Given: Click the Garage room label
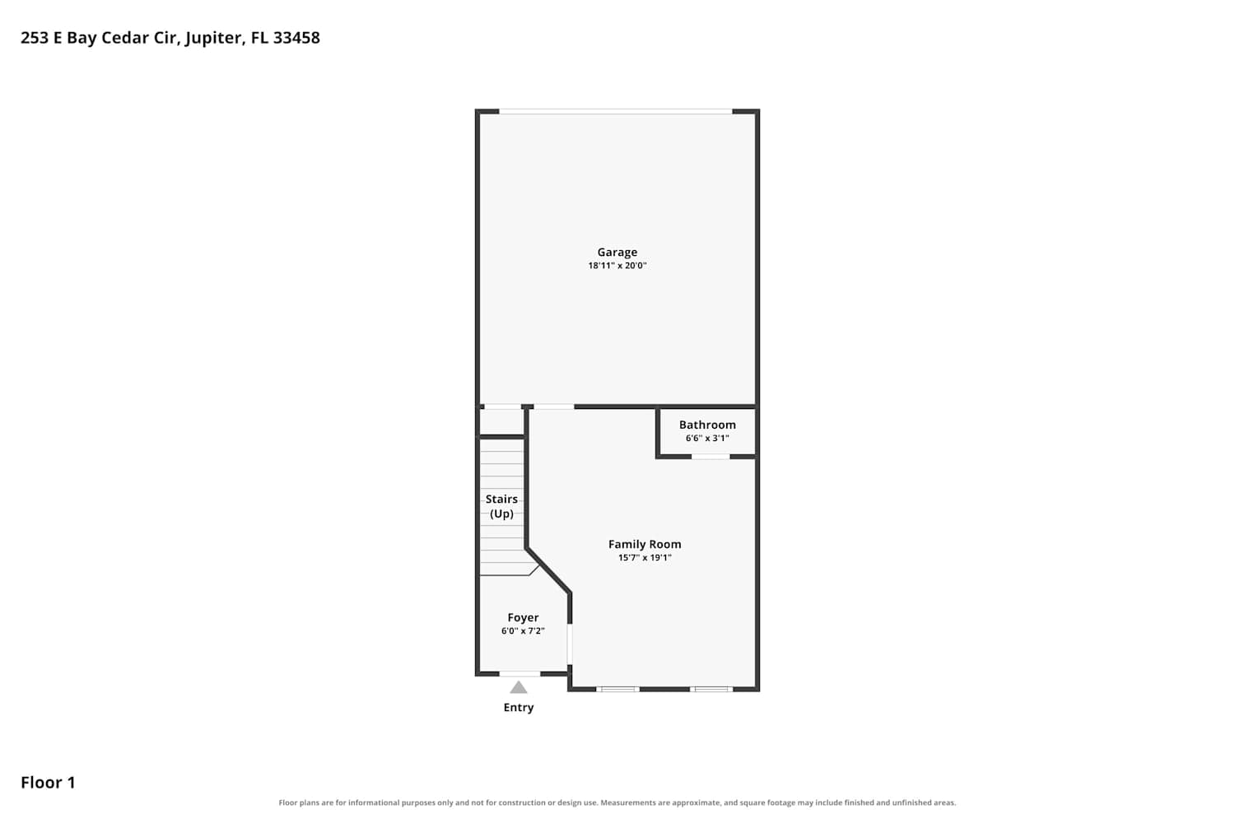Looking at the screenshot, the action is tap(617, 253).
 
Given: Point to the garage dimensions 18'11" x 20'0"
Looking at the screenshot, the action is tap(617, 266).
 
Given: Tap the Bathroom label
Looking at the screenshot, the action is tap(707, 425).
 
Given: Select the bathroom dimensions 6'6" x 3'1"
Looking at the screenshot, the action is tap(707, 438).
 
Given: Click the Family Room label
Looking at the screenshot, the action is tap(645, 545).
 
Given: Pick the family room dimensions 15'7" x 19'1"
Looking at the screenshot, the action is tap(645, 558).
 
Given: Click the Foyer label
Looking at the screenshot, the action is tap(523, 618).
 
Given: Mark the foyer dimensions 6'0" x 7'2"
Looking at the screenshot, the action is tap(523, 631).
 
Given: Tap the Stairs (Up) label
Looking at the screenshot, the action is tap(501, 507).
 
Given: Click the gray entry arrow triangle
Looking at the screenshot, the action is tap(518, 688).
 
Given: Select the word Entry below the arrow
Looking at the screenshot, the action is tap(518, 708).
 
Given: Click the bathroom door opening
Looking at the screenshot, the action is tap(711, 457).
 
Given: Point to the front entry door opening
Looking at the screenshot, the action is tap(520, 674).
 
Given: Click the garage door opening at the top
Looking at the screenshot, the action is tap(615, 112).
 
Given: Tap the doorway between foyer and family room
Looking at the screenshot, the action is tap(570, 644).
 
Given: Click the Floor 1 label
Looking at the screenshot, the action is tap(48, 783).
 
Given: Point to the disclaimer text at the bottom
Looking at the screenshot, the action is tap(617, 803).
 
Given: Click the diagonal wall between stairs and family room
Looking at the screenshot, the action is tap(548, 571).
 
